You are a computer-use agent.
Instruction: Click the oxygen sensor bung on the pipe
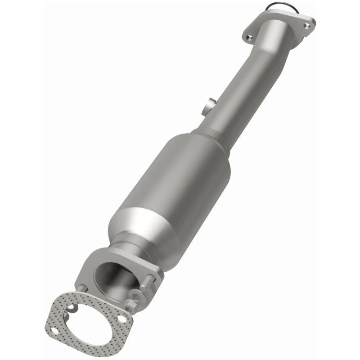click(x=207, y=106)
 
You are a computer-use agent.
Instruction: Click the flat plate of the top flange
click(x=279, y=25)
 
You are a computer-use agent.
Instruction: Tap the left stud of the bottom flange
click(x=82, y=288)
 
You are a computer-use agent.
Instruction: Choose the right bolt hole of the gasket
click(x=122, y=319)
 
